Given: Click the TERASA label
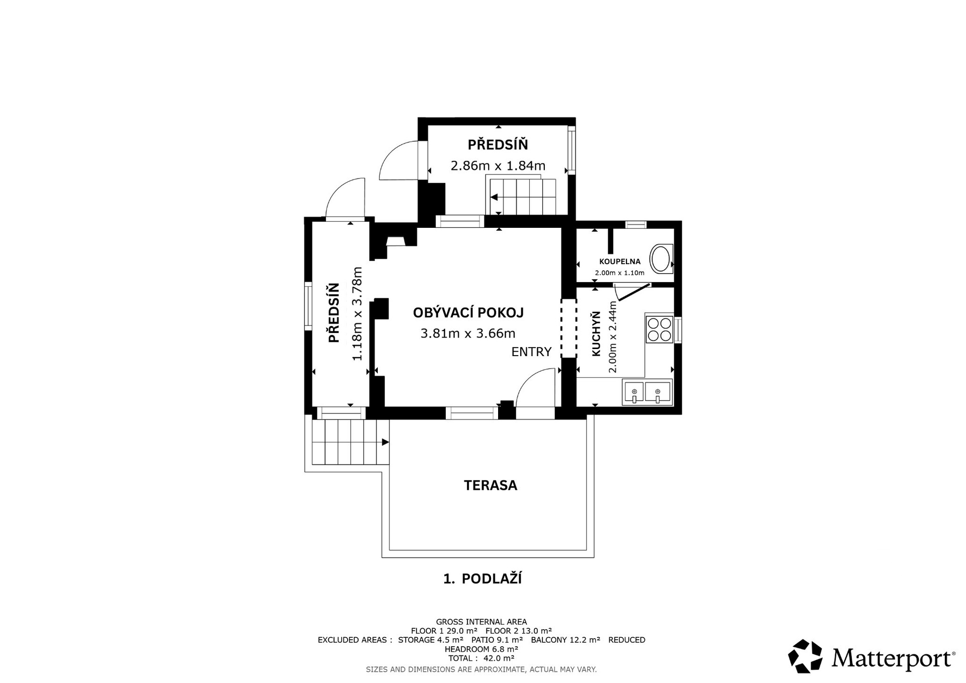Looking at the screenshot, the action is (490, 485).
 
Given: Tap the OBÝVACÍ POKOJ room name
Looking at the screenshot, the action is (468, 312).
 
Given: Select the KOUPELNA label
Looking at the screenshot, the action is (619, 262).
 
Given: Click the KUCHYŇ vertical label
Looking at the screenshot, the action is (596, 334).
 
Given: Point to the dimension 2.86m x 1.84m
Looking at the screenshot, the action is (498, 165).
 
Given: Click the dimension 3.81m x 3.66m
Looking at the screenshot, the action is (467, 333).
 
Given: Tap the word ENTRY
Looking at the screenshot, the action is (531, 352).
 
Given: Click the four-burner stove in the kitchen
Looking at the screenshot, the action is (659, 329).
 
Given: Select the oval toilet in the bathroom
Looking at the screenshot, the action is (661, 259).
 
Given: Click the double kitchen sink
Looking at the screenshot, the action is (647, 392).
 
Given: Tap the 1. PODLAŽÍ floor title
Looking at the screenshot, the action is (482, 578).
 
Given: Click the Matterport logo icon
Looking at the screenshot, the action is (805, 656).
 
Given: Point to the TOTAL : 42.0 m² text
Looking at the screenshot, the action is (481, 658).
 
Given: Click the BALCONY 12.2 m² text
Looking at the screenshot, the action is (566, 640).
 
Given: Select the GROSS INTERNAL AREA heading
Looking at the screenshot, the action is (481, 622).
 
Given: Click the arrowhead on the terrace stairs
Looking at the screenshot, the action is (385, 442).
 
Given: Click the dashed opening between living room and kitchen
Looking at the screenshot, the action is (569, 328).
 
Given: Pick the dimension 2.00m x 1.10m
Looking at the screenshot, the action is (619, 273).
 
